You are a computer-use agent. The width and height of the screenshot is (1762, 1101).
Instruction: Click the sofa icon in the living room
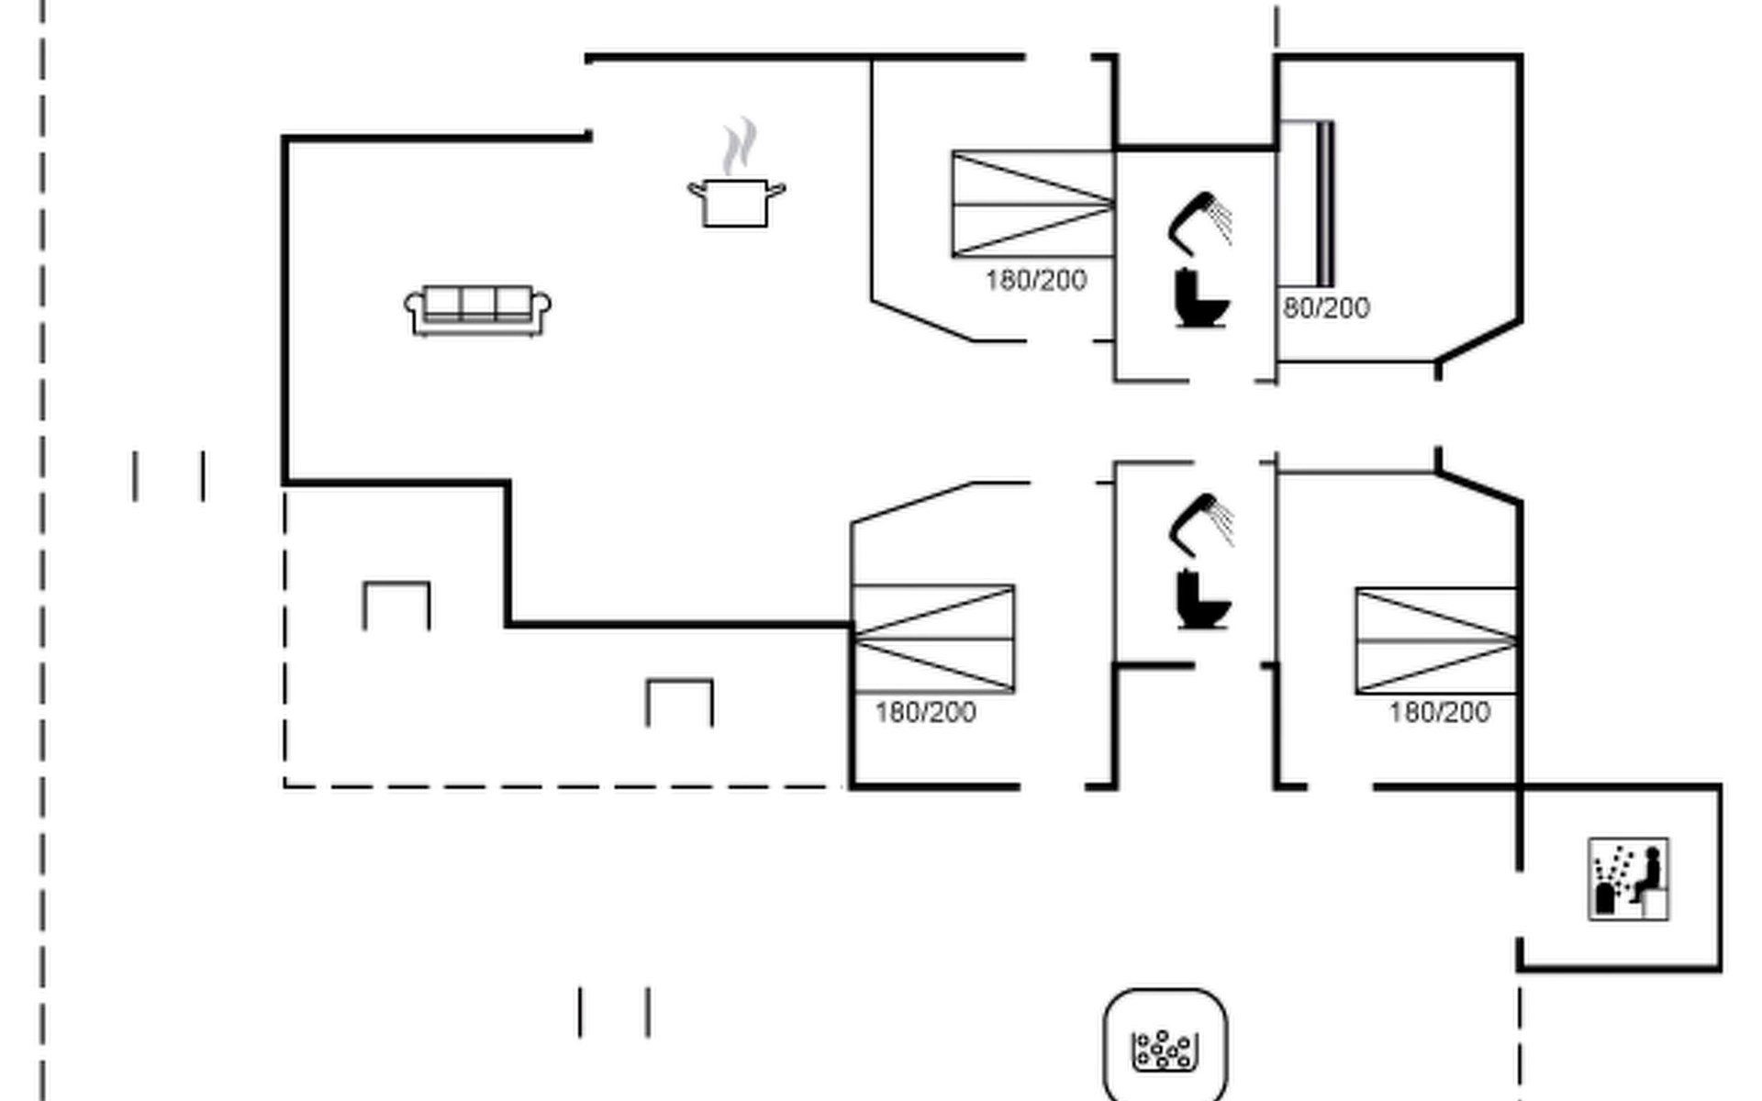coord(477,310)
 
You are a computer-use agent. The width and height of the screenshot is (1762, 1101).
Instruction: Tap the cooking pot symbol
coord(736,202)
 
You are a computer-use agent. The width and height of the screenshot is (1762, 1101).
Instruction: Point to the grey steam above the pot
coord(740,145)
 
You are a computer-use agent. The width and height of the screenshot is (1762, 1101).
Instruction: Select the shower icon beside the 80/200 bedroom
coord(1200,223)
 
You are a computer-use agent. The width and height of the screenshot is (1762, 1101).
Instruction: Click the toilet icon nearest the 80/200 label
coord(1201,299)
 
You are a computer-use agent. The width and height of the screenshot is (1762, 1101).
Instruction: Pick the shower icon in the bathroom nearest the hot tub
coord(1201,526)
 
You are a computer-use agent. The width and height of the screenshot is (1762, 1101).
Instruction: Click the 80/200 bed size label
coord(1326,308)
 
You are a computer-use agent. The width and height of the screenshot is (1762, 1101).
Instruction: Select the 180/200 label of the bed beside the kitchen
coord(1036,280)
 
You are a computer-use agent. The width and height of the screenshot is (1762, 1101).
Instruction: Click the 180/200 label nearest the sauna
coord(1439,712)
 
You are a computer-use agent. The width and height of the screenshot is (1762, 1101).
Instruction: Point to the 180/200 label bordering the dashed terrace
coord(925,712)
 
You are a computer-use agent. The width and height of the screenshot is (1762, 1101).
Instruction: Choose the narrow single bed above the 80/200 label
coord(1307,204)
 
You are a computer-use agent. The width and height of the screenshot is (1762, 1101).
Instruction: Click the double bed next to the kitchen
coord(1033,204)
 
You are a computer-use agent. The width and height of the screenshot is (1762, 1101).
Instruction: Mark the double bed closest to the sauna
coord(1436,640)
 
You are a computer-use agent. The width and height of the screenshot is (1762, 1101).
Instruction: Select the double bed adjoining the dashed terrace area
coord(933,638)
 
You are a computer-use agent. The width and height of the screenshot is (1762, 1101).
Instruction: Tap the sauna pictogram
coord(1629,879)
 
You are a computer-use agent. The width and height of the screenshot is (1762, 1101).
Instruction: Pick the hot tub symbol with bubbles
coord(1165,1047)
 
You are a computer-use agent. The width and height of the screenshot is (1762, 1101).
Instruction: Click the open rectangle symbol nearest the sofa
coord(396,605)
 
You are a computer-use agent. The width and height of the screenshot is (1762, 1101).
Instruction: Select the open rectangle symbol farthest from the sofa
coord(680,702)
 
